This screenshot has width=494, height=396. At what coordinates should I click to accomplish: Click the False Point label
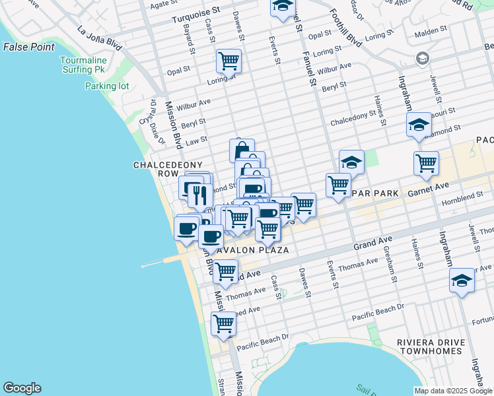(28, 47)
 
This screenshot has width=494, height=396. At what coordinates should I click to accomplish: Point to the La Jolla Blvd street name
(100, 38)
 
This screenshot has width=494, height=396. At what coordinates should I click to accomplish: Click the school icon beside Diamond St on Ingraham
(419, 125)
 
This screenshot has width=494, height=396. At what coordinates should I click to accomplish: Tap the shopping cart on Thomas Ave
(226, 271)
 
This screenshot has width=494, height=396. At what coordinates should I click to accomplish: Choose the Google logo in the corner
(22, 388)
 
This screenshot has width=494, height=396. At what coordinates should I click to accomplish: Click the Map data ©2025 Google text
(453, 391)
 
